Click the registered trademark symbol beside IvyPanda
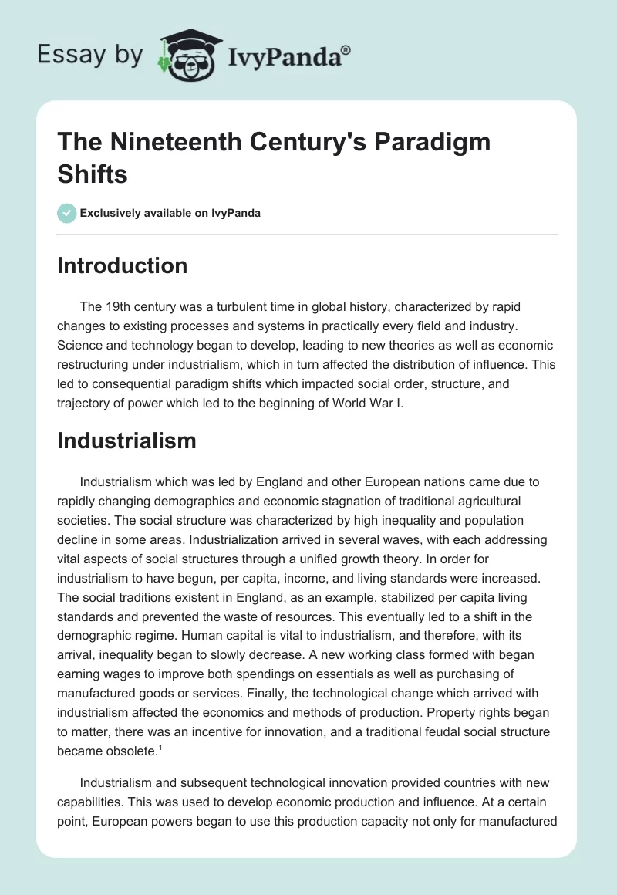pyautogui.click(x=346, y=49)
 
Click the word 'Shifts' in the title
pyautogui.click(x=93, y=174)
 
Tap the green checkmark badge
pyautogui.click(x=68, y=213)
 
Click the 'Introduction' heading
pyautogui.click(x=123, y=265)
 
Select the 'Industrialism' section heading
pyautogui.click(x=127, y=441)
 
